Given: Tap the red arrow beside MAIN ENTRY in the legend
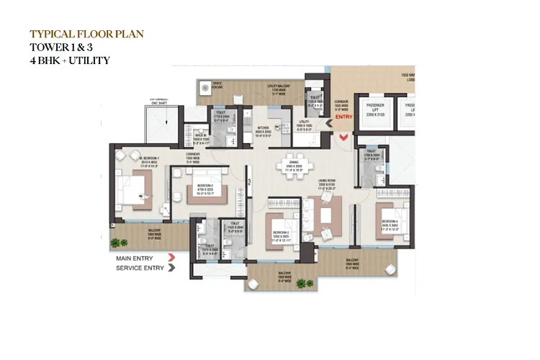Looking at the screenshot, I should click(x=171, y=256).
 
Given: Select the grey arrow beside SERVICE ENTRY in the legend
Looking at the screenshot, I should click(x=171, y=268).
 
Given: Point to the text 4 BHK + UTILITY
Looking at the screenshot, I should click(x=70, y=60).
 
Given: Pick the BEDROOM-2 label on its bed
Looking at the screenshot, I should click(x=199, y=187).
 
